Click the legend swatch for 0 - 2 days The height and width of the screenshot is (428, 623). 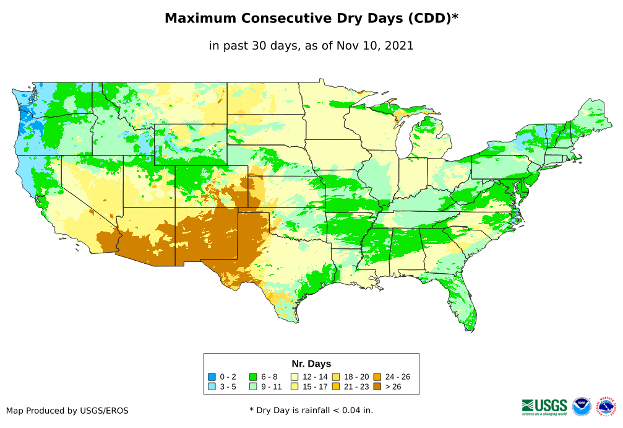tap(212, 377)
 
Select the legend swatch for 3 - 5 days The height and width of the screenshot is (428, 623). tap(212, 387)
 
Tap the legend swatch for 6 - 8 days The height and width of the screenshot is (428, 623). tap(253, 377)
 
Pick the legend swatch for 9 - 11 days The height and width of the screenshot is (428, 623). tap(253, 387)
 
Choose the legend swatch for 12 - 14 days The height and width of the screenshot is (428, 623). tap(294, 377)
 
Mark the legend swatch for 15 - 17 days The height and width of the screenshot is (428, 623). tap(294, 387)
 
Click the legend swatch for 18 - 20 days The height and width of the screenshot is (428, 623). tap(336, 377)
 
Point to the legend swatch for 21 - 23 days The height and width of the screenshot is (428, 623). tap(336, 387)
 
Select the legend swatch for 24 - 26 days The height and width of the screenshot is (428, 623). tap(377, 377)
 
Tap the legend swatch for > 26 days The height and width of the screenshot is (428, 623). tap(377, 387)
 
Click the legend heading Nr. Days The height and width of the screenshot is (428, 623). tap(311, 364)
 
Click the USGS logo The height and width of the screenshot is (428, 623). tap(544, 406)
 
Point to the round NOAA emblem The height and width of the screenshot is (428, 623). tap(582, 407)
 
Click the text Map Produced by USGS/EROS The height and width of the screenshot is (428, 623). tap(67, 410)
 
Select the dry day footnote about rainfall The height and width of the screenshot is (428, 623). tap(311, 410)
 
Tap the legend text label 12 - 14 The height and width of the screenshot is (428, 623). tap(315, 377)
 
